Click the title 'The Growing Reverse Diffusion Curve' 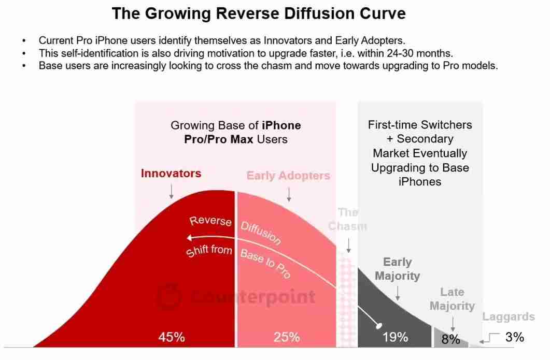259,13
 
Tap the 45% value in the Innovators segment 172,337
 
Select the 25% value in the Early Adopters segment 287,337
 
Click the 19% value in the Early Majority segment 395,337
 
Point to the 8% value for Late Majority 450,339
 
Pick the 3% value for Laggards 514,337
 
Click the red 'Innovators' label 171,173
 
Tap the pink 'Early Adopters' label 288,176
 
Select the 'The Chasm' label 347,219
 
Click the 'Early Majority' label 397,269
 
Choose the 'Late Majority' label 452,299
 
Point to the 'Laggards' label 509,316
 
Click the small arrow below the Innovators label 171,192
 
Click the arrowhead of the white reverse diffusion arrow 190,238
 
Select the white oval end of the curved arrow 379,326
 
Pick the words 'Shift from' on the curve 209,251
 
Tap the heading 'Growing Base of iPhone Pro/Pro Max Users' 236,132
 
